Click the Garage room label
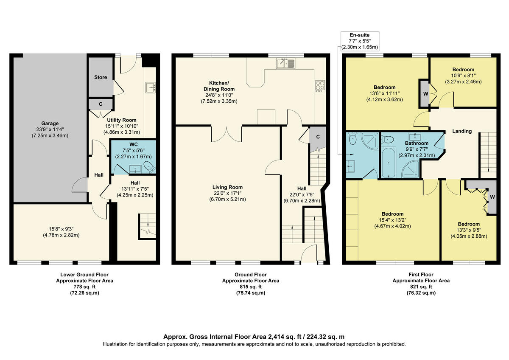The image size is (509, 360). point(50,124)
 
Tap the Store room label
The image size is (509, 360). point(101,77)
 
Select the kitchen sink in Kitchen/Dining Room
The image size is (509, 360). point(285,64)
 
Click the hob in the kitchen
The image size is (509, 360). point(319,85)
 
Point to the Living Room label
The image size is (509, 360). point(228,187)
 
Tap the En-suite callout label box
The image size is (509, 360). point(360,41)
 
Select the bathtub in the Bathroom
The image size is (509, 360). point(388,163)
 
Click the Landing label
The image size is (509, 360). point(462,131)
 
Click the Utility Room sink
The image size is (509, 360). point(151,87)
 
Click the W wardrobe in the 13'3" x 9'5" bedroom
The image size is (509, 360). point(492,197)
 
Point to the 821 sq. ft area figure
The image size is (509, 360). point(421,287)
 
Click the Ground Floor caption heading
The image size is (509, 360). point(251,275)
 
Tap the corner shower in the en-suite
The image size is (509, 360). point(370,140)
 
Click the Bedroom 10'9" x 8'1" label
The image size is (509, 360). point(463,70)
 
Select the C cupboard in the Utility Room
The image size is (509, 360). point(101,104)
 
